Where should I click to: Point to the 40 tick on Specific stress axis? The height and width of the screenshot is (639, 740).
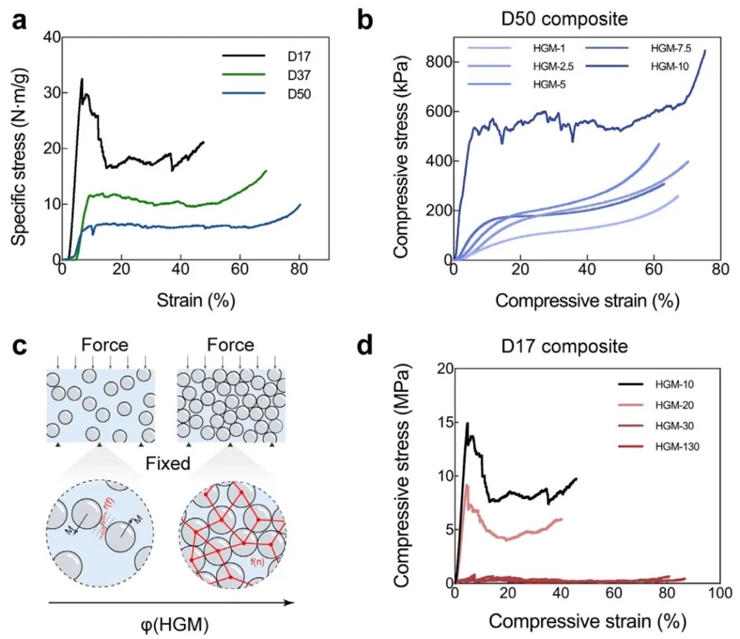pos(49,37)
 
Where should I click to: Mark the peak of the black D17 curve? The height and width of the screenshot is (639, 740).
pos(82,79)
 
